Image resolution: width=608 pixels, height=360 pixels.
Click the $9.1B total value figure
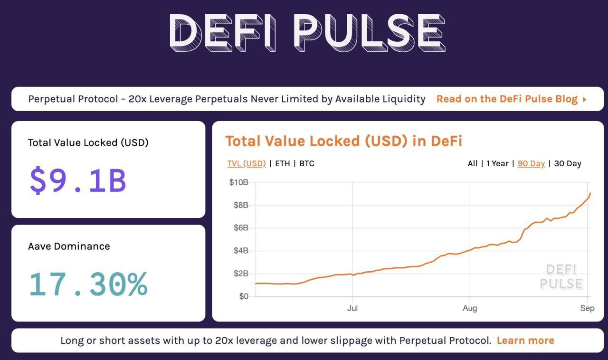click(x=78, y=180)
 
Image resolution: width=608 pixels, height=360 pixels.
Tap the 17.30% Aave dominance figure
click(x=88, y=284)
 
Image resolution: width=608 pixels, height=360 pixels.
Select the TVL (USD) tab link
click(x=247, y=163)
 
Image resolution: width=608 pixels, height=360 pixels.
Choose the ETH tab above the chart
click(x=282, y=163)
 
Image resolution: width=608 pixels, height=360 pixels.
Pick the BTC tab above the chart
click(x=307, y=163)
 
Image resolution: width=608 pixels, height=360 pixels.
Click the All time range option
click(x=472, y=163)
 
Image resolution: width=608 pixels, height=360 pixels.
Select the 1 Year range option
click(x=497, y=163)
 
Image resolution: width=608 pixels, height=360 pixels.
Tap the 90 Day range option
click(x=531, y=163)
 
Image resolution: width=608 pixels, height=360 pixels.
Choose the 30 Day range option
click(x=568, y=163)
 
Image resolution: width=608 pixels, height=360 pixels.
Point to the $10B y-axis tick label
click(x=238, y=182)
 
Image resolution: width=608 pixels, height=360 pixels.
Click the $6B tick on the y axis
click(x=240, y=228)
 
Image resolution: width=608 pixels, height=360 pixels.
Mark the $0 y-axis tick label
click(x=243, y=296)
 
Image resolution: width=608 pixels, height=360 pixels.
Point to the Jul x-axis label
click(x=352, y=308)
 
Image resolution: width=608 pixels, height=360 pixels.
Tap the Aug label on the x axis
click(x=470, y=308)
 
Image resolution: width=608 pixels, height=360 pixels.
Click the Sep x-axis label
click(x=587, y=308)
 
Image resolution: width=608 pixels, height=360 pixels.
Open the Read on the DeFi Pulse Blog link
click(x=511, y=99)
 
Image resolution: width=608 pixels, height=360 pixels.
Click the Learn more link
click(x=525, y=341)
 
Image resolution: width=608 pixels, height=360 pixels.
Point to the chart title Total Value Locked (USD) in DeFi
click(x=343, y=141)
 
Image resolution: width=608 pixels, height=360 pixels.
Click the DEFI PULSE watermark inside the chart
click(x=561, y=277)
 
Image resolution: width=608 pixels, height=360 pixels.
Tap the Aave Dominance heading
click(x=69, y=246)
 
